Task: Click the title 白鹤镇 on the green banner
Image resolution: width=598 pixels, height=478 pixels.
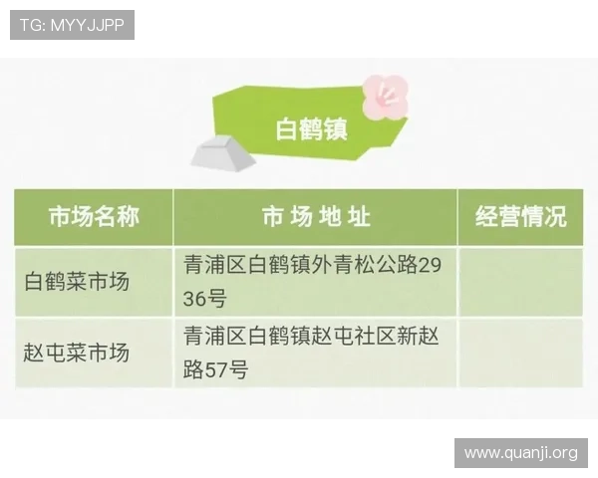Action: [311, 129]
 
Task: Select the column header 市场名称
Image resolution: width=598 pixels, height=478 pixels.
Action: [94, 217]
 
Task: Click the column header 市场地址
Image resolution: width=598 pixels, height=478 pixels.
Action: [315, 217]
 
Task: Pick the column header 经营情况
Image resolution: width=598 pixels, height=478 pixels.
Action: [520, 217]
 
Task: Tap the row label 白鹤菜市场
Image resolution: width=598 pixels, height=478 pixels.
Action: [78, 282]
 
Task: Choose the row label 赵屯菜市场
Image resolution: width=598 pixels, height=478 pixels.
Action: [78, 353]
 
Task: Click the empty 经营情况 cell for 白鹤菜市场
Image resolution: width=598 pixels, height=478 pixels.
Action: [520, 282]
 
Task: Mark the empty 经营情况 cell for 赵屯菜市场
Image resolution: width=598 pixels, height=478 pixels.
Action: [520, 353]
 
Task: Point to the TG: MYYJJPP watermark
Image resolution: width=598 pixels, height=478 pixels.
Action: [72, 24]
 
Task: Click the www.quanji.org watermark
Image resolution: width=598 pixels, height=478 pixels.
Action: [521, 453]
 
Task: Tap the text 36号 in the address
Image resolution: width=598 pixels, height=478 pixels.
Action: [205, 299]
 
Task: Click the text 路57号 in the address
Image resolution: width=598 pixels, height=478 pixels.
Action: [215, 370]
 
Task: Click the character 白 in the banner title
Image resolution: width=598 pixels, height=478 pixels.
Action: [286, 129]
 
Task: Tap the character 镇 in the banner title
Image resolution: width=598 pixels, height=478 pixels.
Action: [336, 129]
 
